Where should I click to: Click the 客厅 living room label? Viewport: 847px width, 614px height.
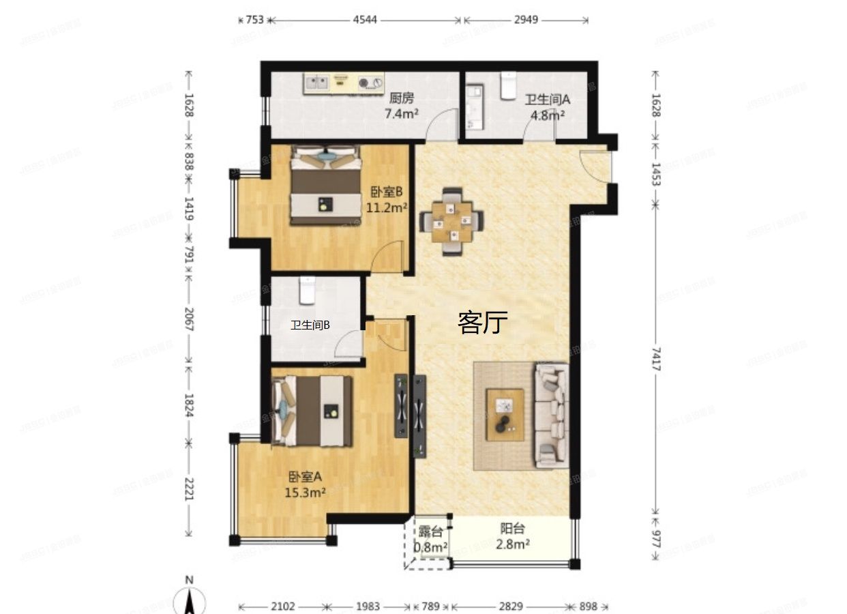click(x=483, y=323)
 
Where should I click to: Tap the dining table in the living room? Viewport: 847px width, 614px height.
click(x=451, y=221)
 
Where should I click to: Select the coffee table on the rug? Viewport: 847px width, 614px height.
click(x=505, y=414)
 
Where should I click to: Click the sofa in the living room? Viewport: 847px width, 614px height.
click(x=551, y=415)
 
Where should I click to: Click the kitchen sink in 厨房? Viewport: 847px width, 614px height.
click(x=316, y=83)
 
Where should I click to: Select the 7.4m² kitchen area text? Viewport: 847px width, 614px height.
click(x=402, y=114)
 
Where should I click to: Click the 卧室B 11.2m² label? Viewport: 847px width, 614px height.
click(x=387, y=200)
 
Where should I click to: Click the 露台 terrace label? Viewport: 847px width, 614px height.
click(x=431, y=531)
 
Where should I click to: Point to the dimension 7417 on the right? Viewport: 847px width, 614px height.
click(x=655, y=359)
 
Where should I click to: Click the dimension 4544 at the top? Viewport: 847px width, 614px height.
click(x=365, y=20)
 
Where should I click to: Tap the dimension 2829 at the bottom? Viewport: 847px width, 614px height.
click(x=510, y=606)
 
